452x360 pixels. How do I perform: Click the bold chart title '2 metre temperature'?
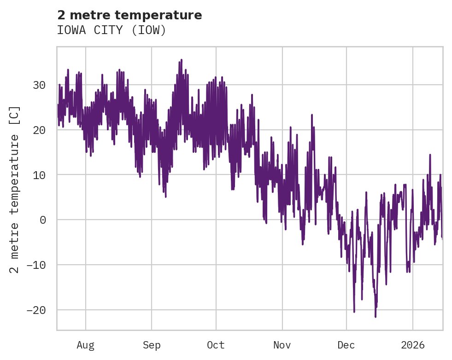pyautogui.click(x=129, y=15)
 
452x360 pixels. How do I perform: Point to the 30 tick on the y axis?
pyautogui.click(x=39, y=85)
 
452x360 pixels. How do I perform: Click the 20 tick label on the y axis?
pyautogui.click(x=39, y=130)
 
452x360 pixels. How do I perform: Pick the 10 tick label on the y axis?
pyautogui.click(x=39, y=175)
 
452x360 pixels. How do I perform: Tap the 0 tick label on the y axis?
pyautogui.click(x=42, y=220)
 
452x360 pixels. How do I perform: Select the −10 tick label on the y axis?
pyautogui.click(x=36, y=265)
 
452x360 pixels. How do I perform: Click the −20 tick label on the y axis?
pyautogui.click(x=36, y=310)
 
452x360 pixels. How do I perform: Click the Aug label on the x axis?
pyautogui.click(x=86, y=345)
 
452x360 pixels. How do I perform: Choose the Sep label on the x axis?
pyautogui.click(x=152, y=345)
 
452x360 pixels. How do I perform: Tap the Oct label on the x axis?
pyautogui.click(x=216, y=345)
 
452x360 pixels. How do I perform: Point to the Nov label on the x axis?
pyautogui.click(x=282, y=345)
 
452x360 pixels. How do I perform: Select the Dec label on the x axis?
pyautogui.click(x=346, y=345)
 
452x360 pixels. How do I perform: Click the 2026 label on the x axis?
pyautogui.click(x=412, y=345)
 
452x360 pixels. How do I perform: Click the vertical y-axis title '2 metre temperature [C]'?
pyautogui.click(x=15, y=189)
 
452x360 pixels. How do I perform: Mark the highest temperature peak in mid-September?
pyautogui.click(x=182, y=60)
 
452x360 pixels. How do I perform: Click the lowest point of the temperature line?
pyautogui.click(x=376, y=317)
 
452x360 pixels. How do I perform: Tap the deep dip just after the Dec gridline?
pyautogui.click(x=354, y=312)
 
